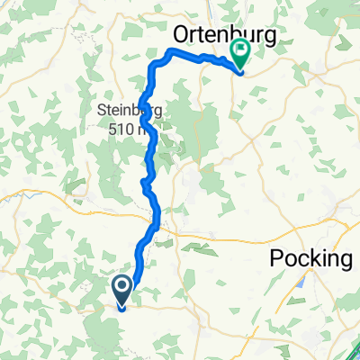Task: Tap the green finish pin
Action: pos(241,53)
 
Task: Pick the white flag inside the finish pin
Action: pos(241,49)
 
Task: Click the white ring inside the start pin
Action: pos(123,287)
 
